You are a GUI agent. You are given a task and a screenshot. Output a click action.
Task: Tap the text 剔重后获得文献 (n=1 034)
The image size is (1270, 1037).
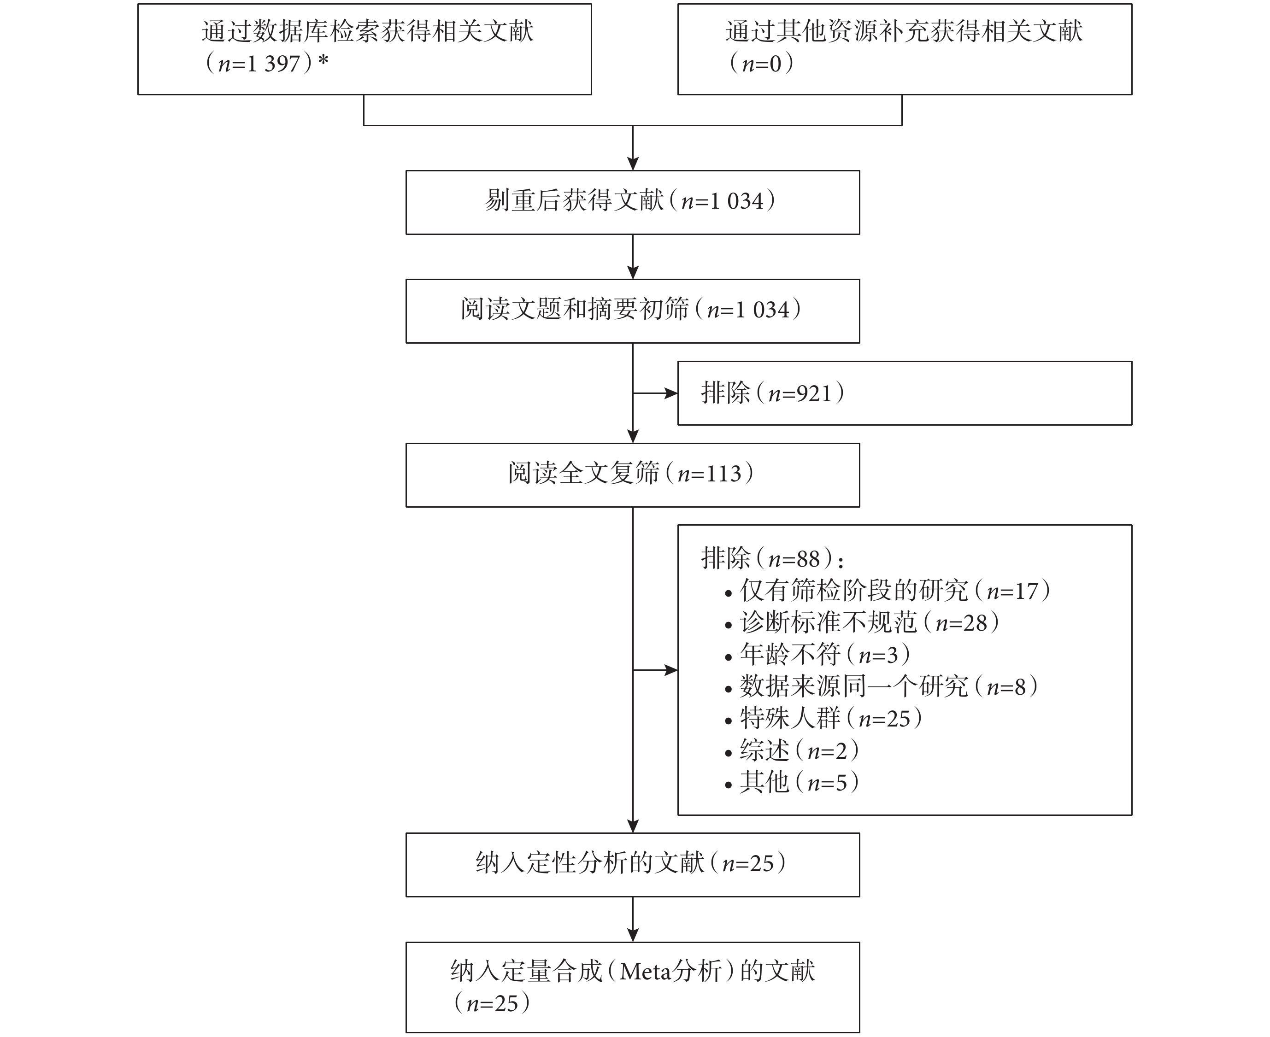630,201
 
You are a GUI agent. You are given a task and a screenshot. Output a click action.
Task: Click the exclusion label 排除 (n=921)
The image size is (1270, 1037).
772,393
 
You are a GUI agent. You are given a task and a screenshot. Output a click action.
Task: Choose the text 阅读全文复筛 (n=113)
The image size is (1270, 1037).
631,473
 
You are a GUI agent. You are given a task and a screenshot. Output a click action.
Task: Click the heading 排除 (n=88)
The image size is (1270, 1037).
772,558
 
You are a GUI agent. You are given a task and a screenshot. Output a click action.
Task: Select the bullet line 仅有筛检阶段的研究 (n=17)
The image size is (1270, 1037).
888,591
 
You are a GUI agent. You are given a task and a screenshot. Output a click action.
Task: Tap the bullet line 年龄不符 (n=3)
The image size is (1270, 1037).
817,655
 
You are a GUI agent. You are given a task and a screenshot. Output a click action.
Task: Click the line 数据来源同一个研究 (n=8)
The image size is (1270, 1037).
881,686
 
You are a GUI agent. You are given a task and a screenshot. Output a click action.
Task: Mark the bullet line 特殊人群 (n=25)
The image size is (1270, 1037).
823,718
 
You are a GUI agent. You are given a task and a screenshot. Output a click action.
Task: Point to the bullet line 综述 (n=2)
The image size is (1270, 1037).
792,750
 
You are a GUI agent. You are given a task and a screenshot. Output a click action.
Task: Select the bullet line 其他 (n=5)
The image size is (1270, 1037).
792,782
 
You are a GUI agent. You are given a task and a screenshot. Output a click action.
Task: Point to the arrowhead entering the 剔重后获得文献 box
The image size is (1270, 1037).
633,163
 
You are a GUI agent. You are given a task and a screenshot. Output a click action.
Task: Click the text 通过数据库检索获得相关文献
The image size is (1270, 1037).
367,31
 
